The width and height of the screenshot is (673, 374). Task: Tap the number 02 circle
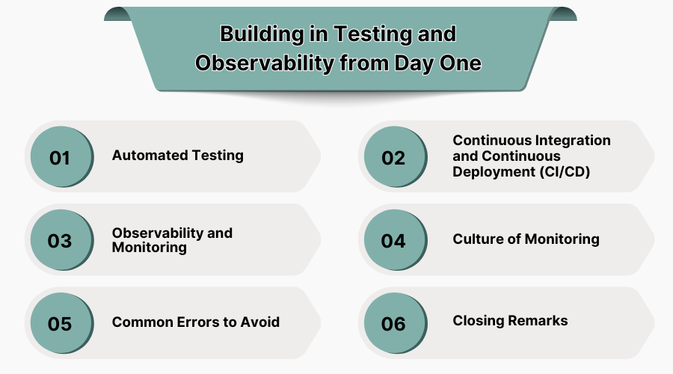click(393, 158)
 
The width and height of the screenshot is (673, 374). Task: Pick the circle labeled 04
click(393, 241)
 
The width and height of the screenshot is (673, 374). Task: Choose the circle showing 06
click(393, 324)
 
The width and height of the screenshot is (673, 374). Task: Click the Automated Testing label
click(178, 156)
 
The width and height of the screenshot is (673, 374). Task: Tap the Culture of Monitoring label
click(526, 239)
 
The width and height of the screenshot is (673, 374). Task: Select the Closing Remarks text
click(510, 321)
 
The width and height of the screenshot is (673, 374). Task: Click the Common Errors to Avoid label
click(196, 322)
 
